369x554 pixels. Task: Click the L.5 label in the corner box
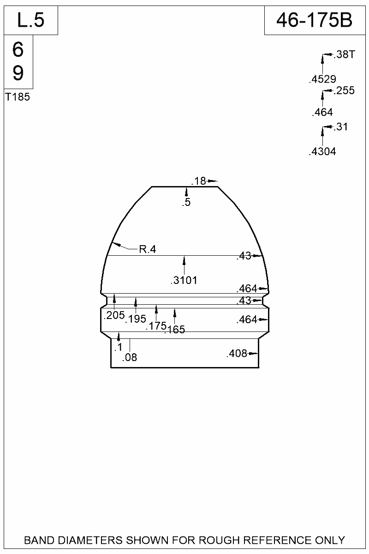pyautogui.click(x=30, y=20)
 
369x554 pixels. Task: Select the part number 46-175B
pyautogui.click(x=314, y=20)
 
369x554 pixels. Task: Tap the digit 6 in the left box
pyautogui.click(x=18, y=50)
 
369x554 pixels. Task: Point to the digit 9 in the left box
pyautogui.click(x=18, y=73)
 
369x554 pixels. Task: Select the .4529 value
pyautogui.click(x=322, y=79)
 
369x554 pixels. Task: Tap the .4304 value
pyautogui.click(x=322, y=151)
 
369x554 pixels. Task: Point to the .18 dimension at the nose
pyautogui.click(x=199, y=181)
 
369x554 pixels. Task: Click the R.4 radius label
pyautogui.click(x=148, y=250)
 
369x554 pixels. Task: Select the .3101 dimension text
pyautogui.click(x=184, y=280)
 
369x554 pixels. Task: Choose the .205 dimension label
pyautogui.click(x=114, y=316)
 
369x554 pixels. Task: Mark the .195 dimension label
pyautogui.click(x=136, y=319)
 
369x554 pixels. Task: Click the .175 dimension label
pyautogui.click(x=156, y=326)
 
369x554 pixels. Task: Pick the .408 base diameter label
pyautogui.click(x=237, y=354)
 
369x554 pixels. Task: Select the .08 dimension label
pyautogui.click(x=130, y=357)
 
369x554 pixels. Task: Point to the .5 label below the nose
pyautogui.click(x=186, y=202)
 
